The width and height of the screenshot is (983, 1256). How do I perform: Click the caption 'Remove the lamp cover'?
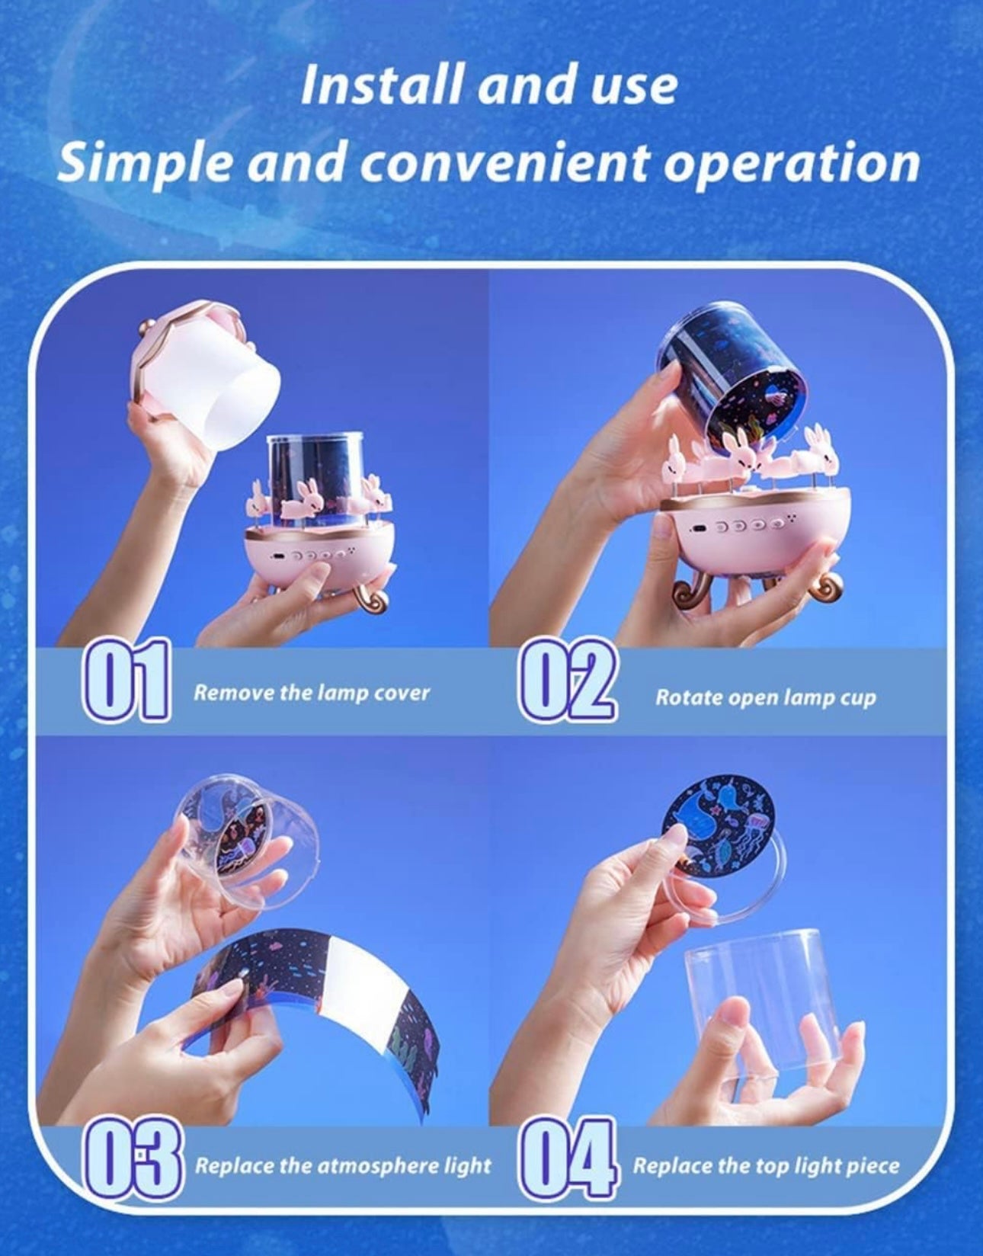[x=312, y=693]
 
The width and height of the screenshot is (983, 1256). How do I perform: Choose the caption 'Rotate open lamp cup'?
[x=766, y=697]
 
